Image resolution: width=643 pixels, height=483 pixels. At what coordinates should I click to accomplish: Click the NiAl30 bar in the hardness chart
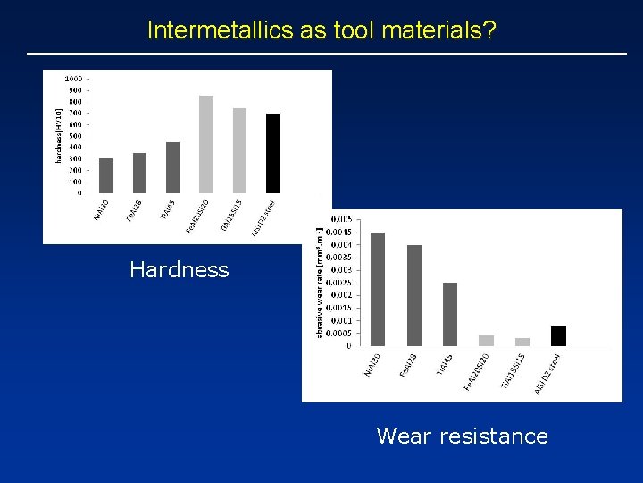click(105, 175)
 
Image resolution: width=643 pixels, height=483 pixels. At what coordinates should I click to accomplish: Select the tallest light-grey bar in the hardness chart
click(206, 144)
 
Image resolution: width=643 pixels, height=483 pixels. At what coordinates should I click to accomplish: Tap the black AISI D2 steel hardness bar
click(273, 153)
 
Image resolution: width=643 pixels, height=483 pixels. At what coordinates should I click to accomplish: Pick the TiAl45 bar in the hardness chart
click(172, 167)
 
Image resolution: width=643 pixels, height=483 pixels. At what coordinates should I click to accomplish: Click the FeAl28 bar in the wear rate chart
click(414, 295)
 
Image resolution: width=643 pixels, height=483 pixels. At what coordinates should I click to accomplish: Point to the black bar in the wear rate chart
click(558, 335)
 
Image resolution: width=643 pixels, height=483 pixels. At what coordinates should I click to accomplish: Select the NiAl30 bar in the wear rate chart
click(378, 289)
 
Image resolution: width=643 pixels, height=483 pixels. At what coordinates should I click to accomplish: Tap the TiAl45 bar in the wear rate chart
click(450, 314)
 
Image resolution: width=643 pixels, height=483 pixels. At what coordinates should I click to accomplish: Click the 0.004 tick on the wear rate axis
click(342, 244)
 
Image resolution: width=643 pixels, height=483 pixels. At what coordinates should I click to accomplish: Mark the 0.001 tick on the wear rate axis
click(342, 320)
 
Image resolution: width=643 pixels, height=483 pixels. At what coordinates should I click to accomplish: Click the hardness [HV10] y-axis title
click(59, 134)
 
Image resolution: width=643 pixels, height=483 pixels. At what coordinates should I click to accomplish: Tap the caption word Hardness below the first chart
click(179, 269)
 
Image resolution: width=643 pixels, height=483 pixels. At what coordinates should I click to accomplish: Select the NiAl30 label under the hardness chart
click(100, 212)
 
